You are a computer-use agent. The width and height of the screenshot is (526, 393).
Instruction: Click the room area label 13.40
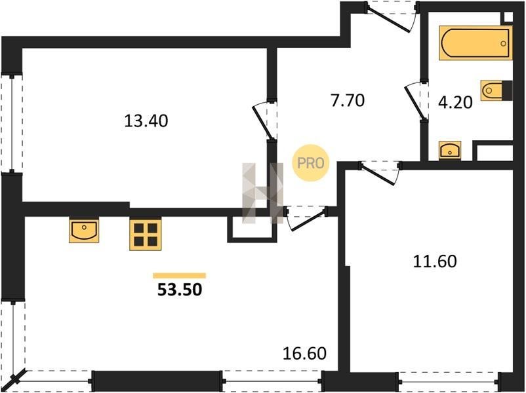[146, 121]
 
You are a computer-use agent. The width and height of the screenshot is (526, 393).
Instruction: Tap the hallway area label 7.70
[348, 100]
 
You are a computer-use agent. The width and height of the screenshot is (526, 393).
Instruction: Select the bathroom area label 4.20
[456, 102]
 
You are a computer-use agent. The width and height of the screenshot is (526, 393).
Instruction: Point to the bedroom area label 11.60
[435, 261]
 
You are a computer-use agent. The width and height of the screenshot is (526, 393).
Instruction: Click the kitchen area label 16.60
[304, 354]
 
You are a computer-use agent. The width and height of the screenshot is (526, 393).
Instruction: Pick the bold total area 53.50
[180, 290]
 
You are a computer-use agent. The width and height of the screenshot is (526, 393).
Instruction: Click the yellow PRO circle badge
[311, 163]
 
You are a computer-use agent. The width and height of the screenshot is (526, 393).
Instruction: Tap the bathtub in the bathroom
[475, 43]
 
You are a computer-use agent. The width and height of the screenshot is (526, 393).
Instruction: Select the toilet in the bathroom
[496, 90]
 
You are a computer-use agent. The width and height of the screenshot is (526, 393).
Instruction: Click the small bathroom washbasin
[450, 150]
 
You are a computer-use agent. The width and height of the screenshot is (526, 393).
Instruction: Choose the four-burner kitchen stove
[146, 234]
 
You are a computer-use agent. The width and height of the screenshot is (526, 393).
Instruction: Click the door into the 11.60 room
[380, 172]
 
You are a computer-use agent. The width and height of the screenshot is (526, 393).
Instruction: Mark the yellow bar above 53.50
[180, 275]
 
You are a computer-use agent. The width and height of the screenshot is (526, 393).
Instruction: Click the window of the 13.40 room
[12, 124]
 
